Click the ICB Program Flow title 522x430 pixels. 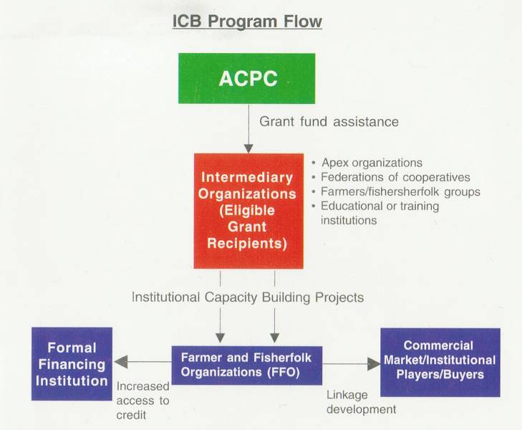(x=247, y=21)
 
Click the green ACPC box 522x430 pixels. (x=247, y=78)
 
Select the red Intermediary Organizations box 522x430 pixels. (x=248, y=211)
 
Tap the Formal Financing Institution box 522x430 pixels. (x=72, y=364)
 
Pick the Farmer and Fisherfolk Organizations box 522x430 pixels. (x=247, y=365)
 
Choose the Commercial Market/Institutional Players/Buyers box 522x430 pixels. (x=440, y=363)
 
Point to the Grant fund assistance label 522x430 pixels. (x=329, y=122)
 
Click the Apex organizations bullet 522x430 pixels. (x=367, y=163)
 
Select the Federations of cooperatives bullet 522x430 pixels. (x=391, y=177)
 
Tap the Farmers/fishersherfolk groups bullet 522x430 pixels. (x=396, y=192)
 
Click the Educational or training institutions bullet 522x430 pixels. (x=375, y=213)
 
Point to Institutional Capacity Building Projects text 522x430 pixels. (x=248, y=297)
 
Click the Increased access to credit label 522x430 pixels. (x=142, y=401)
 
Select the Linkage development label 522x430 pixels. (x=361, y=402)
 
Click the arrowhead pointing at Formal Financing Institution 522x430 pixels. (x=120, y=362)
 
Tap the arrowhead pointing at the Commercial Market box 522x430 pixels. (x=374, y=364)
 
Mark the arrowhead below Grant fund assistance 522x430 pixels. (x=248, y=148)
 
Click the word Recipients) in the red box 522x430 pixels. (x=247, y=244)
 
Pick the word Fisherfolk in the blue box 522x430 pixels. (x=282, y=358)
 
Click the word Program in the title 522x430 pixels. (x=243, y=21)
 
